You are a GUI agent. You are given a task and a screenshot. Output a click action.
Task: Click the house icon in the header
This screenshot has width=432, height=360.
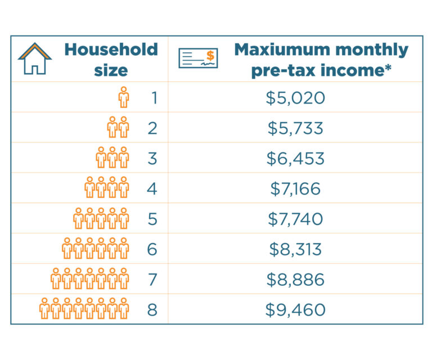click(x=35, y=59)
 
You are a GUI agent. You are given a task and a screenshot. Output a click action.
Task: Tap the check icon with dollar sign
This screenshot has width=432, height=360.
click(x=197, y=58)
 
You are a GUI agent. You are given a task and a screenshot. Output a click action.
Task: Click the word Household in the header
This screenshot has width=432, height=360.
click(x=111, y=49)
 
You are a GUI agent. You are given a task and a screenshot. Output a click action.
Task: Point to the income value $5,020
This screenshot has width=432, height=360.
click(x=295, y=98)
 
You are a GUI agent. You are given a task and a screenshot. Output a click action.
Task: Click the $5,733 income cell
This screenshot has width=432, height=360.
click(x=295, y=128)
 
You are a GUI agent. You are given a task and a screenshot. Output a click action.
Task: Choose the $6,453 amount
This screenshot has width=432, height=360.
click(x=295, y=159)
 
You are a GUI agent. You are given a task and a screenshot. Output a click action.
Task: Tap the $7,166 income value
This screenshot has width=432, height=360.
click(x=295, y=188)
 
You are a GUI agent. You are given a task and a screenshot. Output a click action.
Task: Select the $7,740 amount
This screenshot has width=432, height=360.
click(x=295, y=219)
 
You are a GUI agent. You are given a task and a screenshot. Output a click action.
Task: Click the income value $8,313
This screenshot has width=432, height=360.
click(x=295, y=249)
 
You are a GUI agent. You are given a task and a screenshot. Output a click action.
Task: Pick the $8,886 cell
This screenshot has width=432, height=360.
click(x=295, y=280)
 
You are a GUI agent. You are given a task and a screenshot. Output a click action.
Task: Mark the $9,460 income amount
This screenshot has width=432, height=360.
click(x=295, y=309)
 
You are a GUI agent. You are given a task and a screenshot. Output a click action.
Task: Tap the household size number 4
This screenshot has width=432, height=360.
click(x=152, y=188)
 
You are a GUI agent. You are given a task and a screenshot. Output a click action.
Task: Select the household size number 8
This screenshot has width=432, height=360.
click(x=152, y=309)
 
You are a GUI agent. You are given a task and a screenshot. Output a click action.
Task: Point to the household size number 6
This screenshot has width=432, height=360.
click(x=152, y=249)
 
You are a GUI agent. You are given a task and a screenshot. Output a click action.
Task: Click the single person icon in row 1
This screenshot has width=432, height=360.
click(x=123, y=97)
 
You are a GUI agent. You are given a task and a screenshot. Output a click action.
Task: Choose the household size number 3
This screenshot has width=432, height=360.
click(x=152, y=159)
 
